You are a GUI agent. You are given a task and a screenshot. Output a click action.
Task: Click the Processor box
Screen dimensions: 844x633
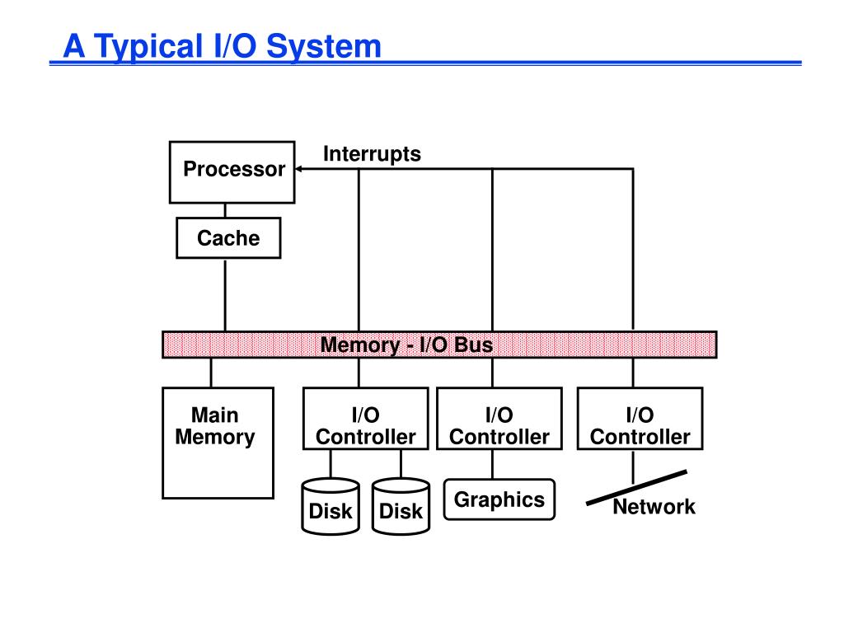(x=232, y=172)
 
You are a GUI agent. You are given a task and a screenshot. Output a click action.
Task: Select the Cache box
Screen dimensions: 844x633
(x=228, y=238)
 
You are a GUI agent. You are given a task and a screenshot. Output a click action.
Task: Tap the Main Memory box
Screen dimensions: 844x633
(x=218, y=443)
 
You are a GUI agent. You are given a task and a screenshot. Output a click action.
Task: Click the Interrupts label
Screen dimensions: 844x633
(x=372, y=154)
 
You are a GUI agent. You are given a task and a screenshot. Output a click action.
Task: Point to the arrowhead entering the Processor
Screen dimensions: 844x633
(x=298, y=169)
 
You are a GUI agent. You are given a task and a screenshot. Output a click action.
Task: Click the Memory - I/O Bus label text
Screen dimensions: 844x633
(x=406, y=345)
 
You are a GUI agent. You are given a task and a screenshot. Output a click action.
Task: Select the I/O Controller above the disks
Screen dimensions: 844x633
(x=365, y=418)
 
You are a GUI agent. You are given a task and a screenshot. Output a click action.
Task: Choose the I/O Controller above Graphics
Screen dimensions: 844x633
(x=499, y=418)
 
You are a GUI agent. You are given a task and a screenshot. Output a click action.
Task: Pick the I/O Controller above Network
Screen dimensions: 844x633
(x=640, y=418)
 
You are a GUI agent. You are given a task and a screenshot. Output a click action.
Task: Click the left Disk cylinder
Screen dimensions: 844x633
(x=331, y=507)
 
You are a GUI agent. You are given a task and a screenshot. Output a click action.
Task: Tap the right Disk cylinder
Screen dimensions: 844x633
(x=401, y=507)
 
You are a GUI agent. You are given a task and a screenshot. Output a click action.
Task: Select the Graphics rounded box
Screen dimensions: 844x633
(x=499, y=499)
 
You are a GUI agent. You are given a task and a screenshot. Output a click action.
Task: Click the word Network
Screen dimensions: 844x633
(x=654, y=507)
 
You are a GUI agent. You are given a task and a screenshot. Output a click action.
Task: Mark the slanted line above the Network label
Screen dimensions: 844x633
(x=637, y=488)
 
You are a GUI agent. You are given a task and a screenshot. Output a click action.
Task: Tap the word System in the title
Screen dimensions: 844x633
(x=323, y=46)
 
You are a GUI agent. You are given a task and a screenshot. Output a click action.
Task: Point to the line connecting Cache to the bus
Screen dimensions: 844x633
(x=225, y=295)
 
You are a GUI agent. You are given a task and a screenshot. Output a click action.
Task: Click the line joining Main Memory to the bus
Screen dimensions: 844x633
(x=211, y=373)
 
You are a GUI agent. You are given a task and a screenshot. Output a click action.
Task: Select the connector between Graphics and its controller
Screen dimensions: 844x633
(x=493, y=465)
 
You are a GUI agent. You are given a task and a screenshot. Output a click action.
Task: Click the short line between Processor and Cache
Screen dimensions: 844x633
(x=225, y=210)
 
